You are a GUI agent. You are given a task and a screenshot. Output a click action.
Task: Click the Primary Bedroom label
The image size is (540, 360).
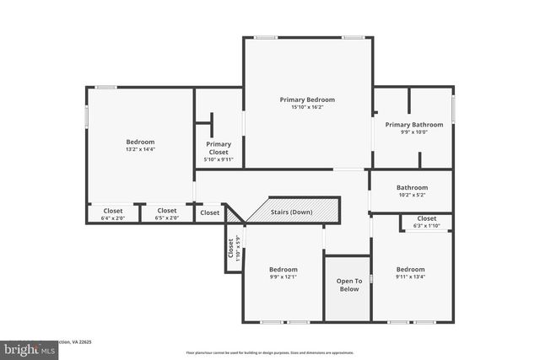pos(307,99)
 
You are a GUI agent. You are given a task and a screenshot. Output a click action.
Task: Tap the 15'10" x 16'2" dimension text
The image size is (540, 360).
pos(307,107)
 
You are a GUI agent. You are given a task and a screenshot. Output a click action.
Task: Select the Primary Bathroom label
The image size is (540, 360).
pos(413,125)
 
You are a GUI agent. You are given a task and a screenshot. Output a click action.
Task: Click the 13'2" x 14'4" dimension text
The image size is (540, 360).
pos(140,149)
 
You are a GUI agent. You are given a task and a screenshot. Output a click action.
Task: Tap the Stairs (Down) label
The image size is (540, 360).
pos(291,212)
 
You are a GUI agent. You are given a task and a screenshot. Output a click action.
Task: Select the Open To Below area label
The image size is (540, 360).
pos(348,285)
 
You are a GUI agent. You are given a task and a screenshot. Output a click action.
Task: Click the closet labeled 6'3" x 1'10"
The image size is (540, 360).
pos(426,222)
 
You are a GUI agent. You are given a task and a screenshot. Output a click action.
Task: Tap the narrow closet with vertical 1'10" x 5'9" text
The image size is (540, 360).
pos(234,250)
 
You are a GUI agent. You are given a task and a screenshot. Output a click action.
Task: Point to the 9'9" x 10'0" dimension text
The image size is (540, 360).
pos(413,132)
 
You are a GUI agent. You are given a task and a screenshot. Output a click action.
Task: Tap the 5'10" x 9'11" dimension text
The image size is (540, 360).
pos(219,159)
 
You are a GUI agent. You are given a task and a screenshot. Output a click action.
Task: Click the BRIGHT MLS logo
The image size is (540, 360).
pos(25,347)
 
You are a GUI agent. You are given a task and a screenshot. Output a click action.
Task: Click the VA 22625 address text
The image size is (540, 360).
pos(78,342)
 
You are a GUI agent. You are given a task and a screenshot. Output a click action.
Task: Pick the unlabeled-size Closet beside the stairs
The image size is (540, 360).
pos(209,213)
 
